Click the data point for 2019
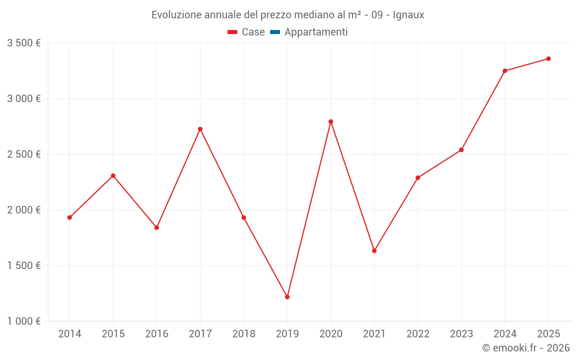287,297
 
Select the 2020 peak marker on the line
331,122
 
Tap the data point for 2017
200,129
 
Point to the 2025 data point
548,59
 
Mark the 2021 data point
374,251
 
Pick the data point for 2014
70,218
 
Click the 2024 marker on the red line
505,71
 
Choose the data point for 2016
157,228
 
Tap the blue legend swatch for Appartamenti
275,32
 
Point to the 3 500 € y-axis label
24,43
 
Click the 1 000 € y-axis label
24,321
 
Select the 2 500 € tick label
24,154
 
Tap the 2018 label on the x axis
244,334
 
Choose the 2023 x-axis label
461,334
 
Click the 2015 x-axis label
113,334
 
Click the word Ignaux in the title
408,15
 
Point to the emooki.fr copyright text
526,348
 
